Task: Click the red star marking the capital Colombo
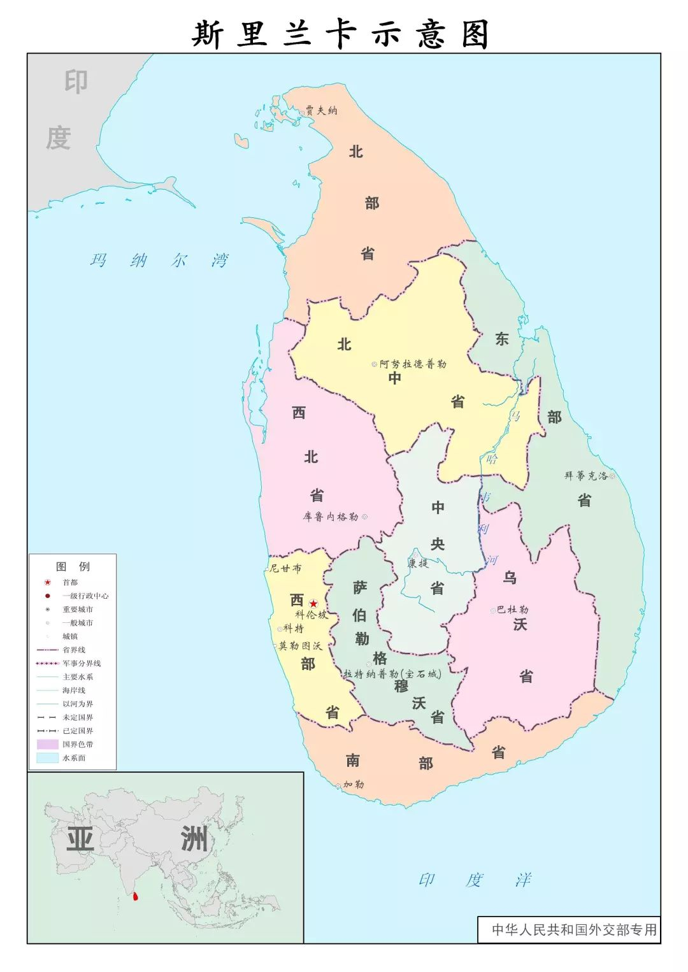[x=313, y=603]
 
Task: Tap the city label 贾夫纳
[x=321, y=111]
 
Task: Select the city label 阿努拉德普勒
[x=413, y=364]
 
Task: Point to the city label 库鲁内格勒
[x=331, y=517]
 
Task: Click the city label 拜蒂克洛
[x=585, y=476]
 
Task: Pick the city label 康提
[x=419, y=563]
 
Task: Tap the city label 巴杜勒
[x=512, y=610]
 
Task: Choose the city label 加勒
[x=354, y=785]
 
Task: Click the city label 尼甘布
[x=285, y=568]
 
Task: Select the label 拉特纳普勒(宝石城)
[x=392, y=674]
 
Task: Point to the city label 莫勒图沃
[x=300, y=646]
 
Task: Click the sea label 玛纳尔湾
[x=159, y=261]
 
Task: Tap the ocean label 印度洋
[x=475, y=880]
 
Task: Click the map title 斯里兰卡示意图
[x=341, y=33]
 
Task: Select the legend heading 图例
[x=73, y=566]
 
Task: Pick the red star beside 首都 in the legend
[x=47, y=582]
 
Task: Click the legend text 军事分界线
[x=82, y=663]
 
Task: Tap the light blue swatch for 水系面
[x=47, y=758]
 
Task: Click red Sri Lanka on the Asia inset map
[x=134, y=897]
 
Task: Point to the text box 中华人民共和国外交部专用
[x=573, y=930]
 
